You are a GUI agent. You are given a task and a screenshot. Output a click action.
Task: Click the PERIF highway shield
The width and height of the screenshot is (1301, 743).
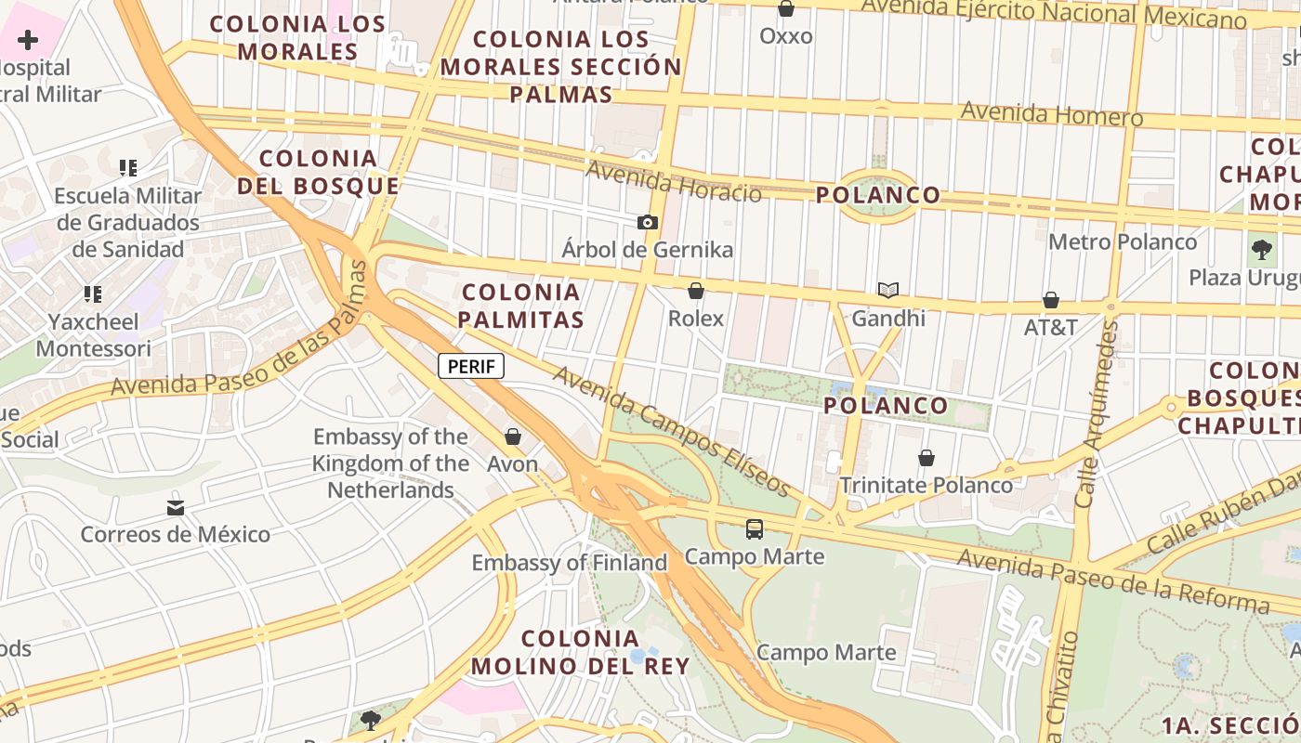[x=471, y=366]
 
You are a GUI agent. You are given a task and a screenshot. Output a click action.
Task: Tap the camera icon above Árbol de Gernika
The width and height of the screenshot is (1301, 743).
[x=648, y=222]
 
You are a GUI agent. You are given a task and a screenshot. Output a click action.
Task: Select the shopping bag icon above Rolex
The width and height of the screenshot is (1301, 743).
[x=695, y=291]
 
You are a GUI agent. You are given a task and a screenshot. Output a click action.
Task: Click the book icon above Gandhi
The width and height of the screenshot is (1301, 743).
[x=888, y=291]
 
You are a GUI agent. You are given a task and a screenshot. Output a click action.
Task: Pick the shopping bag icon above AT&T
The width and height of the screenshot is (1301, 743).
[x=1051, y=300]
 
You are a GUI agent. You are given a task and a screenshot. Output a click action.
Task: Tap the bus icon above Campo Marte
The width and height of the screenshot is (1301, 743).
[x=755, y=529]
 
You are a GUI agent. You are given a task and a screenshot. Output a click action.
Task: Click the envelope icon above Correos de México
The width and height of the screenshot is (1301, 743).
[x=176, y=507]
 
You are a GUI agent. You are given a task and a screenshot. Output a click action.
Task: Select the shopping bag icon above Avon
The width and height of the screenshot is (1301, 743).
[x=513, y=437]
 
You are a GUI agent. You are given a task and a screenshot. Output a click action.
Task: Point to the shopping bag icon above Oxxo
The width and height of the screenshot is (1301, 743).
[x=786, y=9]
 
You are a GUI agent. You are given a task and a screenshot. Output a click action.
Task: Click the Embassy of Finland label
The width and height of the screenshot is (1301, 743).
[x=570, y=563]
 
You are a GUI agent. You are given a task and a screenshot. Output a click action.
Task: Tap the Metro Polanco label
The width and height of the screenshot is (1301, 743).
[x=1123, y=242]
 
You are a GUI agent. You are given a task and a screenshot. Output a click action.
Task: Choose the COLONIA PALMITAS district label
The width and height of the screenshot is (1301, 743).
[x=522, y=306]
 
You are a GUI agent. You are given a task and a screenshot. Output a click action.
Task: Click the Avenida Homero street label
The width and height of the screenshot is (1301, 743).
[x=1052, y=113]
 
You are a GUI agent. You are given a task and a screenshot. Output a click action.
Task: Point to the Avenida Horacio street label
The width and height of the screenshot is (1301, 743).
[x=674, y=180]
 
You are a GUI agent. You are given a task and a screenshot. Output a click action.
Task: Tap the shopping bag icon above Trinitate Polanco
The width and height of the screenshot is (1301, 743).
[x=926, y=458]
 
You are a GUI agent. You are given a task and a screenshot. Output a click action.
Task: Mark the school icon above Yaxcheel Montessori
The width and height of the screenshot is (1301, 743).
[x=93, y=294]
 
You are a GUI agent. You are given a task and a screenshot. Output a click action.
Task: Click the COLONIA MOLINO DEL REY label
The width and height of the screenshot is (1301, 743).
[x=580, y=652]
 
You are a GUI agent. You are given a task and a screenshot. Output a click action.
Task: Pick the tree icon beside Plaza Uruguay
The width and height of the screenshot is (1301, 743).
[x=1261, y=249]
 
